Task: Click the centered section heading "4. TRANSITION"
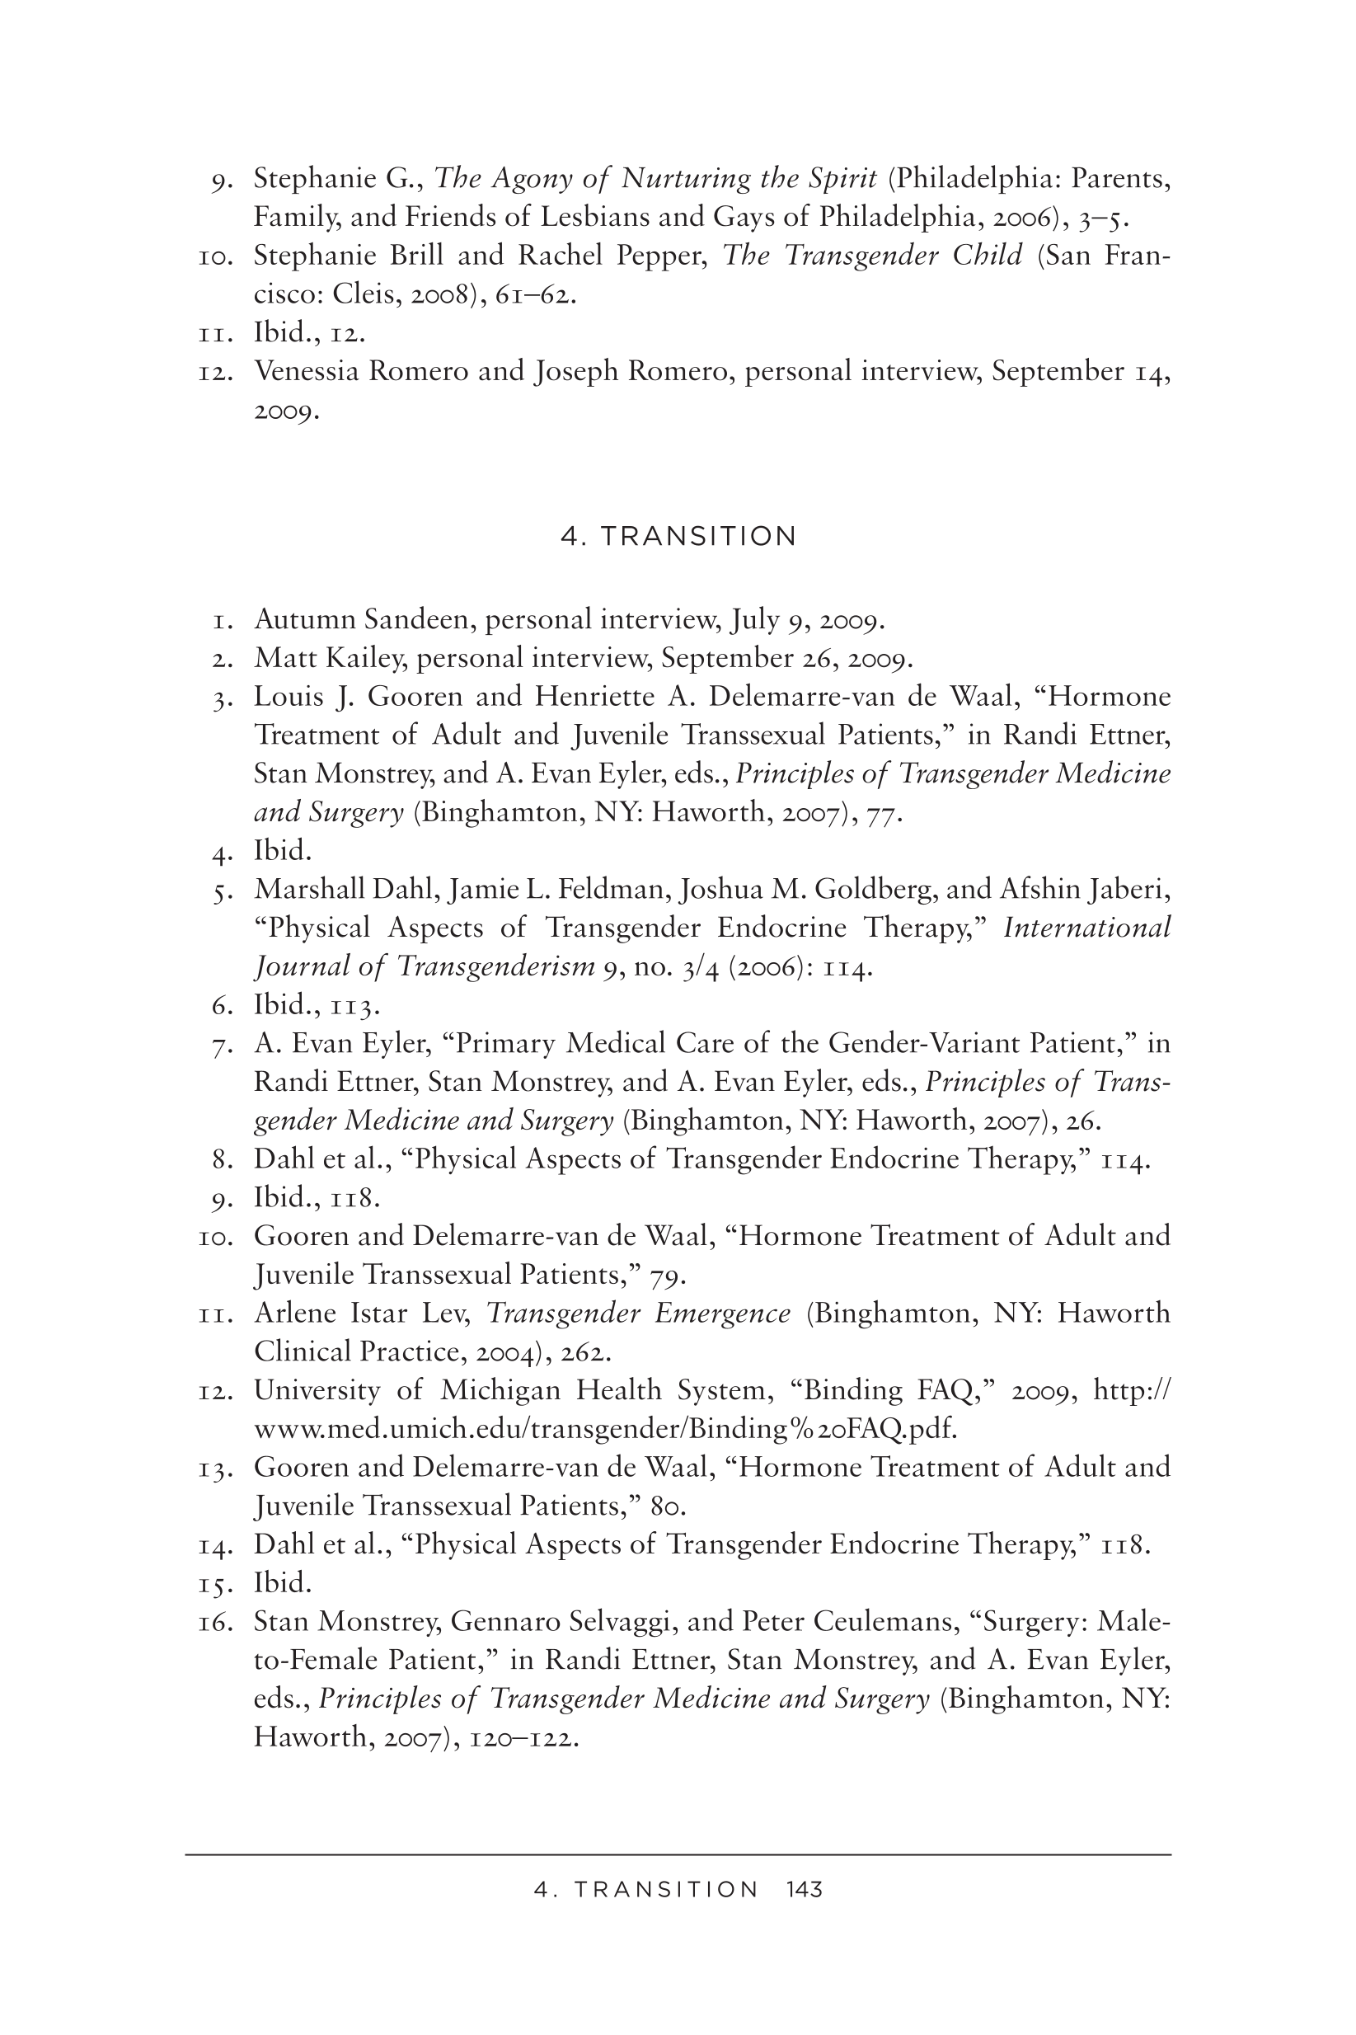tap(678, 536)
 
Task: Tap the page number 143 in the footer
tap(805, 1890)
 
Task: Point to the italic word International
tap(1087, 927)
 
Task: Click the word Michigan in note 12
tap(500, 1391)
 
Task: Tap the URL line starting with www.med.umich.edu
tap(605, 1429)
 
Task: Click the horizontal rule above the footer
tap(678, 1854)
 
